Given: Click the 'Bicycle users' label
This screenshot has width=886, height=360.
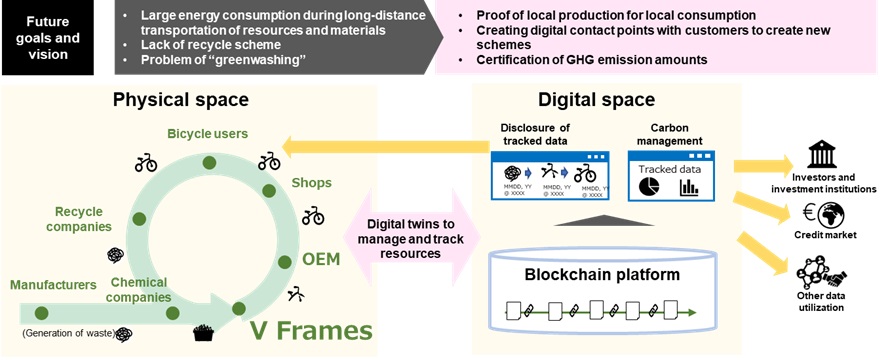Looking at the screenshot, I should (207, 132).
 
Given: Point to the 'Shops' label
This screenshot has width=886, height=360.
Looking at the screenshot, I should (311, 183).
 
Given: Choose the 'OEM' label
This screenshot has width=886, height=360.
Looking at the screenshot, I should (321, 259).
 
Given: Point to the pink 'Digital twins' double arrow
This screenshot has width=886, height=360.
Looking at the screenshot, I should (413, 239).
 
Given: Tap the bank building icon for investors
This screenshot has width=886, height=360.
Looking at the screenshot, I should (827, 156).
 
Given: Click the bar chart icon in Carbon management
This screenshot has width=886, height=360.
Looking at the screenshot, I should (689, 188).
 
